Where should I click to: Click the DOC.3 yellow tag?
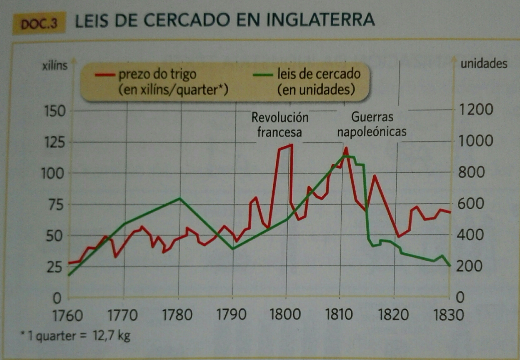[x=39, y=23]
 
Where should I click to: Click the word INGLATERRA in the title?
[x=320, y=20]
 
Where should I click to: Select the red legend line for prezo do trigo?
[x=105, y=75]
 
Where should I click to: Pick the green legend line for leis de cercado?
[x=263, y=75]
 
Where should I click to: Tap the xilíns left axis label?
[x=55, y=65]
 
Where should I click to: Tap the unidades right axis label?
[x=484, y=64]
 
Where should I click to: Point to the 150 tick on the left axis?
[x=55, y=111]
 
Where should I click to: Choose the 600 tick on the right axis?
[x=471, y=204]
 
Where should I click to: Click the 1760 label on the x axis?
[x=67, y=315]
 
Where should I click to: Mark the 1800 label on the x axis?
[x=285, y=314]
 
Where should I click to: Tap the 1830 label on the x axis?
[x=449, y=314]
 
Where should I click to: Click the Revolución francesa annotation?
[x=280, y=125]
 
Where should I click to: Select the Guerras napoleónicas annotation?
[x=372, y=124]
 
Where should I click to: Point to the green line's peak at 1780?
[x=179, y=198]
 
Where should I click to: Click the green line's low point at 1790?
[x=233, y=249]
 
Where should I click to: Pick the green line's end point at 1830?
[x=449, y=266]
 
